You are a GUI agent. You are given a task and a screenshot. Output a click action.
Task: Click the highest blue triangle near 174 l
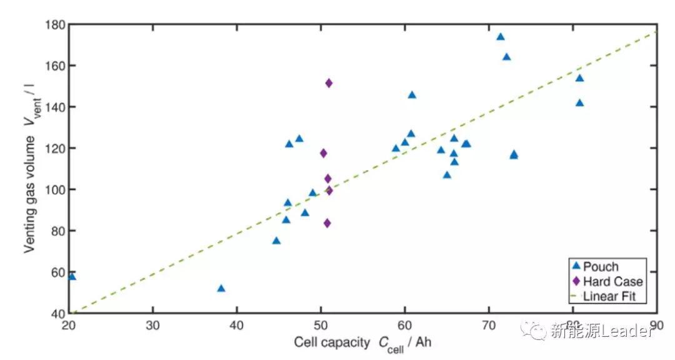(x=501, y=37)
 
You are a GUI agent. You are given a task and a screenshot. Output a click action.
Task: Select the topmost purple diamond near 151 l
(x=329, y=83)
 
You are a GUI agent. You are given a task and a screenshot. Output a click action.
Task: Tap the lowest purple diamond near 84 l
(x=327, y=223)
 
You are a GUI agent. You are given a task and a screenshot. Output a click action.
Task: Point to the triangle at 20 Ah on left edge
(x=72, y=276)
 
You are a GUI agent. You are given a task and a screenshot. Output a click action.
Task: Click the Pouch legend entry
(x=600, y=267)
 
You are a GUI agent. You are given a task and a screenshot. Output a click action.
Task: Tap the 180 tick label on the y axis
(x=56, y=24)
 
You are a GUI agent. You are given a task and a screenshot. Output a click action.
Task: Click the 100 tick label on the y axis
(x=56, y=189)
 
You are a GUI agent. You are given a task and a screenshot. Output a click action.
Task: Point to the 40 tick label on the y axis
(x=58, y=313)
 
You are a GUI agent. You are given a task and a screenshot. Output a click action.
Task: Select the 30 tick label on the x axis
(x=152, y=326)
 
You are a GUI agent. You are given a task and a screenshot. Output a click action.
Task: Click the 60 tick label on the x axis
(x=404, y=326)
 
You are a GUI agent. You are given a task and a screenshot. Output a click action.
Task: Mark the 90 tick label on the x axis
(x=656, y=326)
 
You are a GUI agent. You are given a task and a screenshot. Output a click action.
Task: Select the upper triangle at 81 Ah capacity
(x=579, y=78)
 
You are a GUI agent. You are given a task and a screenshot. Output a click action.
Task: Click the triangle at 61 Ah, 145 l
(x=412, y=95)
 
